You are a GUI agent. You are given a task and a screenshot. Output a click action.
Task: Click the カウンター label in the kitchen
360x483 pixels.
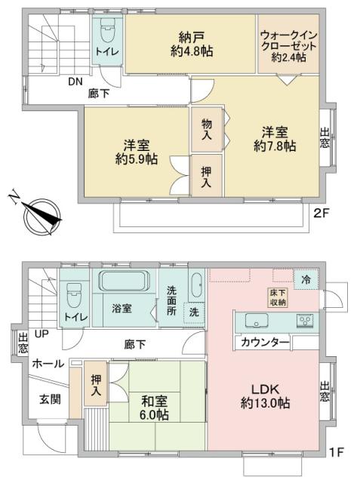265,343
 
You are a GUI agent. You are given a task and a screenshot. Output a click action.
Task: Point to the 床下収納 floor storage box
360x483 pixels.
277,297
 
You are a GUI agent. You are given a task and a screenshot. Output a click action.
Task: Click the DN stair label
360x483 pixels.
75,82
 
